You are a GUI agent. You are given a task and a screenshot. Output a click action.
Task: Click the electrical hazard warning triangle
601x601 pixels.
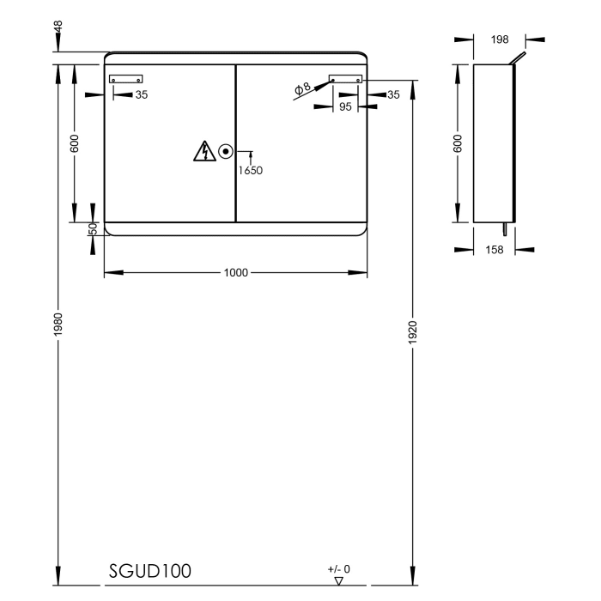point(204,152)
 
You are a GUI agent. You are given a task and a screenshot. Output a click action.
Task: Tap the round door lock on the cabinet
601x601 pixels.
point(226,152)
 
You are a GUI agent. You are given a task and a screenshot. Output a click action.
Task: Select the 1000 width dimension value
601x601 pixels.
point(236,273)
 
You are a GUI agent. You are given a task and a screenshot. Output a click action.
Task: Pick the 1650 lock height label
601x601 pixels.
point(250,170)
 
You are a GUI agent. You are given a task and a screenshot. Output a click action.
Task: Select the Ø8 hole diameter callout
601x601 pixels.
point(301,88)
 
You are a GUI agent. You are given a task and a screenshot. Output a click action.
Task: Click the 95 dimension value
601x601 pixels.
point(346,107)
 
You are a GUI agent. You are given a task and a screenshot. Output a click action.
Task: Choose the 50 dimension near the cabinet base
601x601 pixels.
point(93,228)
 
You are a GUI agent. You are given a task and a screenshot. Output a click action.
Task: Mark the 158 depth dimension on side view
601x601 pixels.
point(494,250)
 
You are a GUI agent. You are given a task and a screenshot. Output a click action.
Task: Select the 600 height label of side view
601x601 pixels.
point(458,143)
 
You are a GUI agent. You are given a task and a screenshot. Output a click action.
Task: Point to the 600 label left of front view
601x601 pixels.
point(76,143)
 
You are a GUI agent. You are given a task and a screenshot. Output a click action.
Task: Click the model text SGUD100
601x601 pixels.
point(149,571)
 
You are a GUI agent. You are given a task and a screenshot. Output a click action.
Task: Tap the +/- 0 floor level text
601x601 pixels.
point(338,568)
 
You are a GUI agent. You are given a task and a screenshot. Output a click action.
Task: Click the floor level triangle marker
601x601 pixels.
point(339,581)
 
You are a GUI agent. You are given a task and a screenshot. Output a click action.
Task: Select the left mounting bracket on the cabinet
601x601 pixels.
point(125,80)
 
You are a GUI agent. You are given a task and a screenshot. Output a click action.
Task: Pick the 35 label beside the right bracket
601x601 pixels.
point(393,94)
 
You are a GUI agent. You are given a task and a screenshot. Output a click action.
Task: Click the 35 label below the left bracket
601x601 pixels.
point(142,94)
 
